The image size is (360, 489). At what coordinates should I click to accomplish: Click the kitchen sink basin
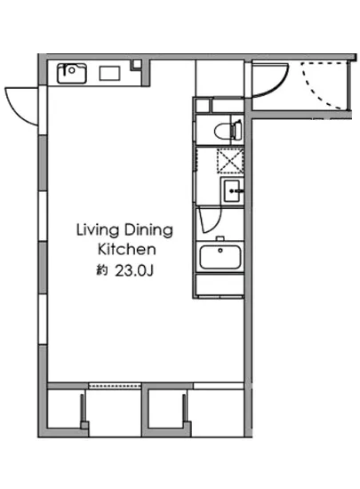pyautogui.click(x=72, y=73)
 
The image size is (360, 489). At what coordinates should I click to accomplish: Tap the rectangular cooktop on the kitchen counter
pyautogui.click(x=109, y=74)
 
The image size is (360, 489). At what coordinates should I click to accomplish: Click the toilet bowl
pyautogui.click(x=222, y=130)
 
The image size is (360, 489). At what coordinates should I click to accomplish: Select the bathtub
pyautogui.click(x=220, y=257)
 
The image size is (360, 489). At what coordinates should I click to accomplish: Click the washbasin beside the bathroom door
pyautogui.click(x=232, y=191)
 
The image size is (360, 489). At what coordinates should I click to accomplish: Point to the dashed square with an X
pyautogui.click(x=230, y=161)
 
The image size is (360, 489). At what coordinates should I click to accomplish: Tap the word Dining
pyautogui.click(x=148, y=231)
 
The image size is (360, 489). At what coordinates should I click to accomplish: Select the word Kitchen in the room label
pyautogui.click(x=127, y=250)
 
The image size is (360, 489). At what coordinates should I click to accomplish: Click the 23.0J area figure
pyautogui.click(x=134, y=270)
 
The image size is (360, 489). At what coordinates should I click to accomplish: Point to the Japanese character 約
pyautogui.click(x=102, y=270)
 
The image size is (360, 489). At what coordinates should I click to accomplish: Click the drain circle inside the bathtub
pyautogui.click(x=220, y=250)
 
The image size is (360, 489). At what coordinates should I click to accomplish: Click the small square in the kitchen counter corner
pyautogui.click(x=136, y=64)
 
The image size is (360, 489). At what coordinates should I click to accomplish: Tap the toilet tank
pyautogui.click(x=236, y=130)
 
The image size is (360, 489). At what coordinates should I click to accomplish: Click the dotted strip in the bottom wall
pyautogui.click(x=115, y=386)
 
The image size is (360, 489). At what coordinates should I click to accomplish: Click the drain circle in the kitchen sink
pyautogui.click(x=72, y=70)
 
